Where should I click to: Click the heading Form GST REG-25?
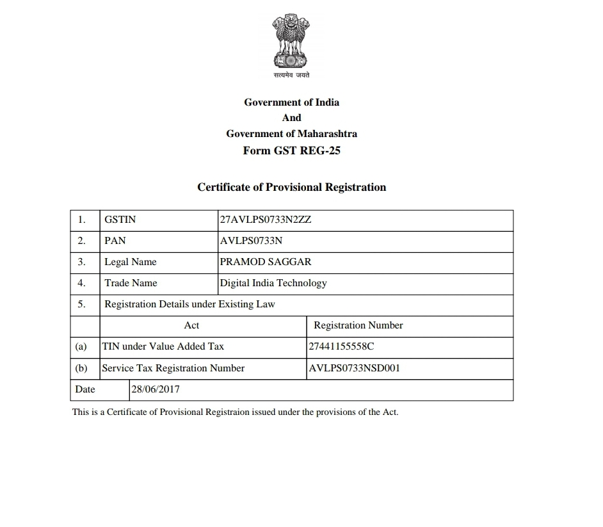(291, 151)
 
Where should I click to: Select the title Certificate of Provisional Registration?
(291, 188)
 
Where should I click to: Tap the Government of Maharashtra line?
(291, 134)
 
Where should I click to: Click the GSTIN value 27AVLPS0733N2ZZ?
(266, 220)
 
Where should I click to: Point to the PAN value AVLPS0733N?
(251, 241)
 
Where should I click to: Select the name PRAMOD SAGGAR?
(266, 262)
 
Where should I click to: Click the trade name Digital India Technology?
(273, 283)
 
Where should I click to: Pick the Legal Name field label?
(131, 262)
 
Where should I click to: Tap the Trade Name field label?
(131, 283)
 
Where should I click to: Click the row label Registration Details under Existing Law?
(189, 304)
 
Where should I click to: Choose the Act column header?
(191, 325)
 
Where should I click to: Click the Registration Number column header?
(358, 325)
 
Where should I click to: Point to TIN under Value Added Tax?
(163, 346)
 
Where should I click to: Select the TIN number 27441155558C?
(341, 346)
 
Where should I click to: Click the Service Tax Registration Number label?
(173, 368)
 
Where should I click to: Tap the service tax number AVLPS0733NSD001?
(355, 368)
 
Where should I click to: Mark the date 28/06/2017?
(156, 389)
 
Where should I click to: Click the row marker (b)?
(81, 368)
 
